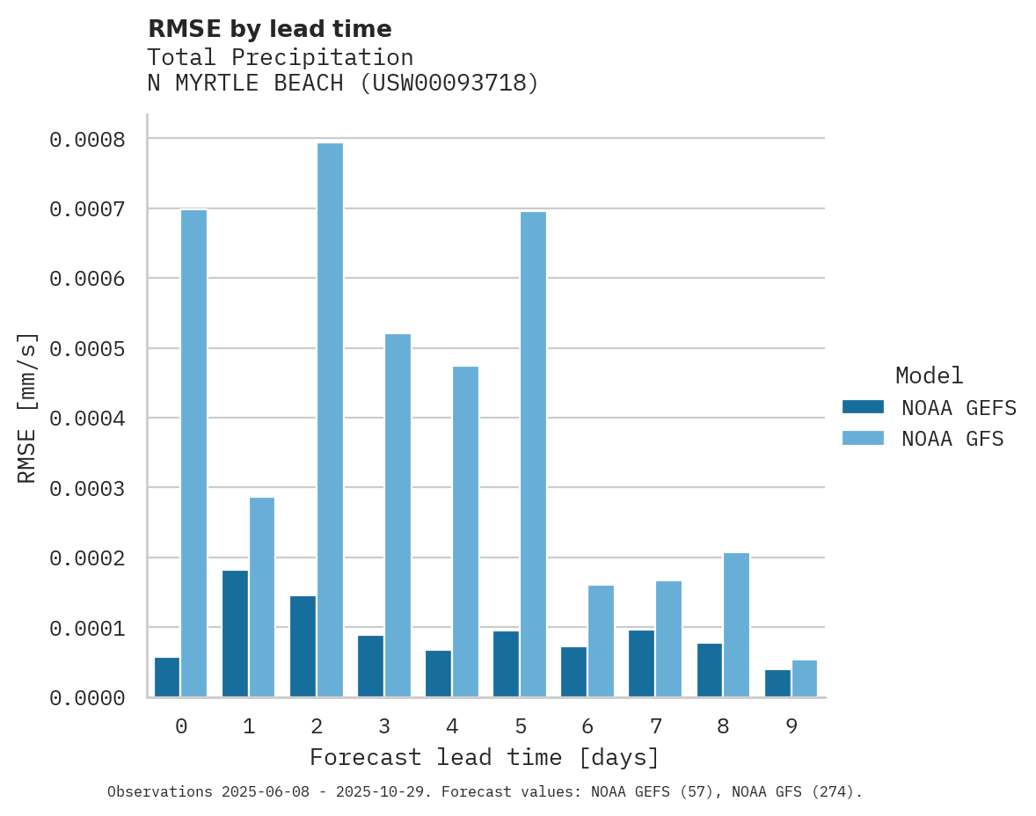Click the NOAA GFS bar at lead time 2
tap(330, 420)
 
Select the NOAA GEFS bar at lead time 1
tap(235, 633)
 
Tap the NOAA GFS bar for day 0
tap(193, 453)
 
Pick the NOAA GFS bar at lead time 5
tap(533, 454)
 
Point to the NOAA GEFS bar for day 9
tap(777, 683)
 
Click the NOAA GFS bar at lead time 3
tap(398, 515)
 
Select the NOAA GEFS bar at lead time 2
tap(303, 646)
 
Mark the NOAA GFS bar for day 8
tap(736, 624)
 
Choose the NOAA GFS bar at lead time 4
tap(465, 531)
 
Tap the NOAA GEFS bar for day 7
tap(641, 663)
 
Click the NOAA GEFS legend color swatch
tap(862, 407)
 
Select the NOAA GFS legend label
tap(952, 439)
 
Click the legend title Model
tap(929, 375)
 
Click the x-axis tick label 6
tap(587, 726)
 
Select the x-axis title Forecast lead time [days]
tap(485, 757)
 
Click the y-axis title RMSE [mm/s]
tap(27, 407)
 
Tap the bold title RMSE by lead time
tap(269, 29)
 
